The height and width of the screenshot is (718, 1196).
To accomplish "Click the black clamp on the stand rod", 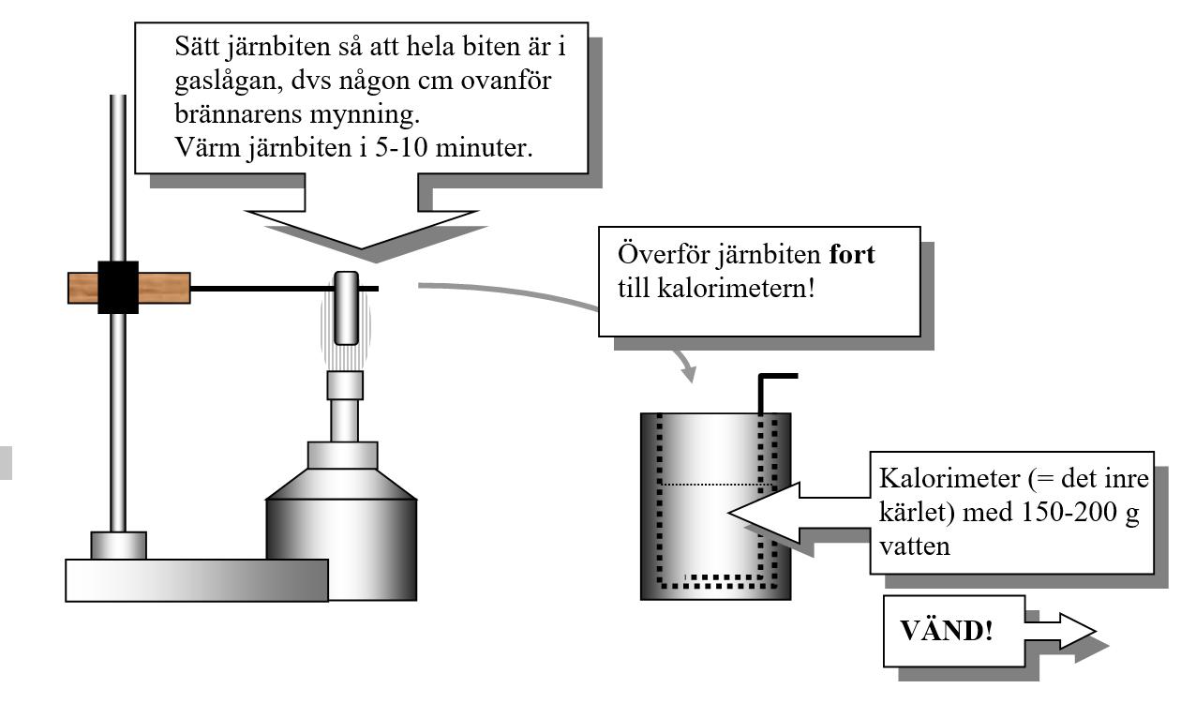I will (118, 287).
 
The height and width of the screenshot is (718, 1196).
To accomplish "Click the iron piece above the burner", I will (346, 307).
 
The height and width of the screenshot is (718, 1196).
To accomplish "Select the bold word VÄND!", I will (946, 630).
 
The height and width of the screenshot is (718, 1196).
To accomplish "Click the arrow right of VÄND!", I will (1063, 632).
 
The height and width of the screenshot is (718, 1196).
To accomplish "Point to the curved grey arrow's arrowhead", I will (690, 374).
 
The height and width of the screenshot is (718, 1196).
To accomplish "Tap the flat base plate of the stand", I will (197, 580).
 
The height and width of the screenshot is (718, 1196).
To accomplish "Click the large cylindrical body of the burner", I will (341, 548).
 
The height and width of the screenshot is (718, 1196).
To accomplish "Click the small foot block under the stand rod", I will (118, 545).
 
